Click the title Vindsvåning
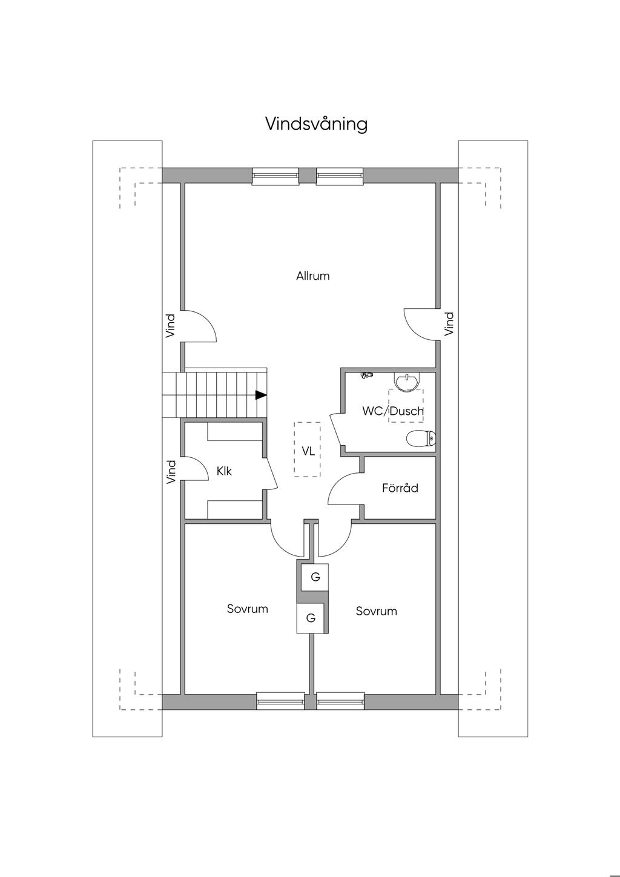click(316, 124)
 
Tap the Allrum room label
click(313, 276)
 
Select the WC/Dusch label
click(392, 411)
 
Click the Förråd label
click(400, 488)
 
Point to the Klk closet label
click(224, 471)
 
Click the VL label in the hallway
click(308, 451)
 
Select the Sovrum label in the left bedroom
click(248, 609)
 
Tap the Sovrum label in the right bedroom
click(376, 611)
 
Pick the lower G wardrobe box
click(310, 618)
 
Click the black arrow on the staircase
click(261, 395)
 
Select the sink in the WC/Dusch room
click(407, 382)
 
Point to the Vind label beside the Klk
click(171, 472)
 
